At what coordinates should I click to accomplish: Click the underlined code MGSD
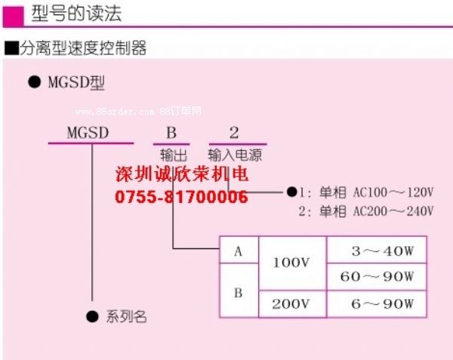coord(88,134)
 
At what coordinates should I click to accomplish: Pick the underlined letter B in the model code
coord(171,134)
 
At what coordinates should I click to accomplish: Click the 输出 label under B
coord(172,155)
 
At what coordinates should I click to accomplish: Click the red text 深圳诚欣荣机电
coord(181,176)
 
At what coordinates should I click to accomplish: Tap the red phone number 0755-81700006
coord(181,198)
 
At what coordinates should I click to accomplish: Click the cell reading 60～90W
coord(377,277)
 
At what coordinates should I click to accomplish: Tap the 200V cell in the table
coord(291,304)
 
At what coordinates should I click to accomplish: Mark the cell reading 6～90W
coord(377,304)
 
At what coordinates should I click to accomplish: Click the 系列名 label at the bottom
coord(125,317)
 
